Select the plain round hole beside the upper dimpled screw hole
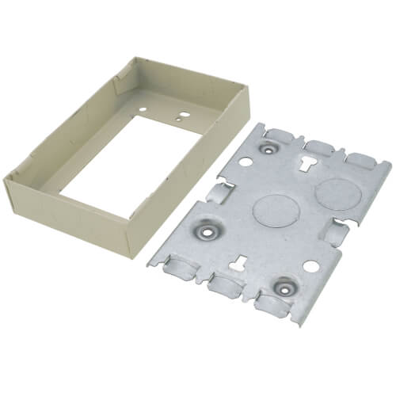(x=245, y=161)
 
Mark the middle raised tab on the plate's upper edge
(x=319, y=147)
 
